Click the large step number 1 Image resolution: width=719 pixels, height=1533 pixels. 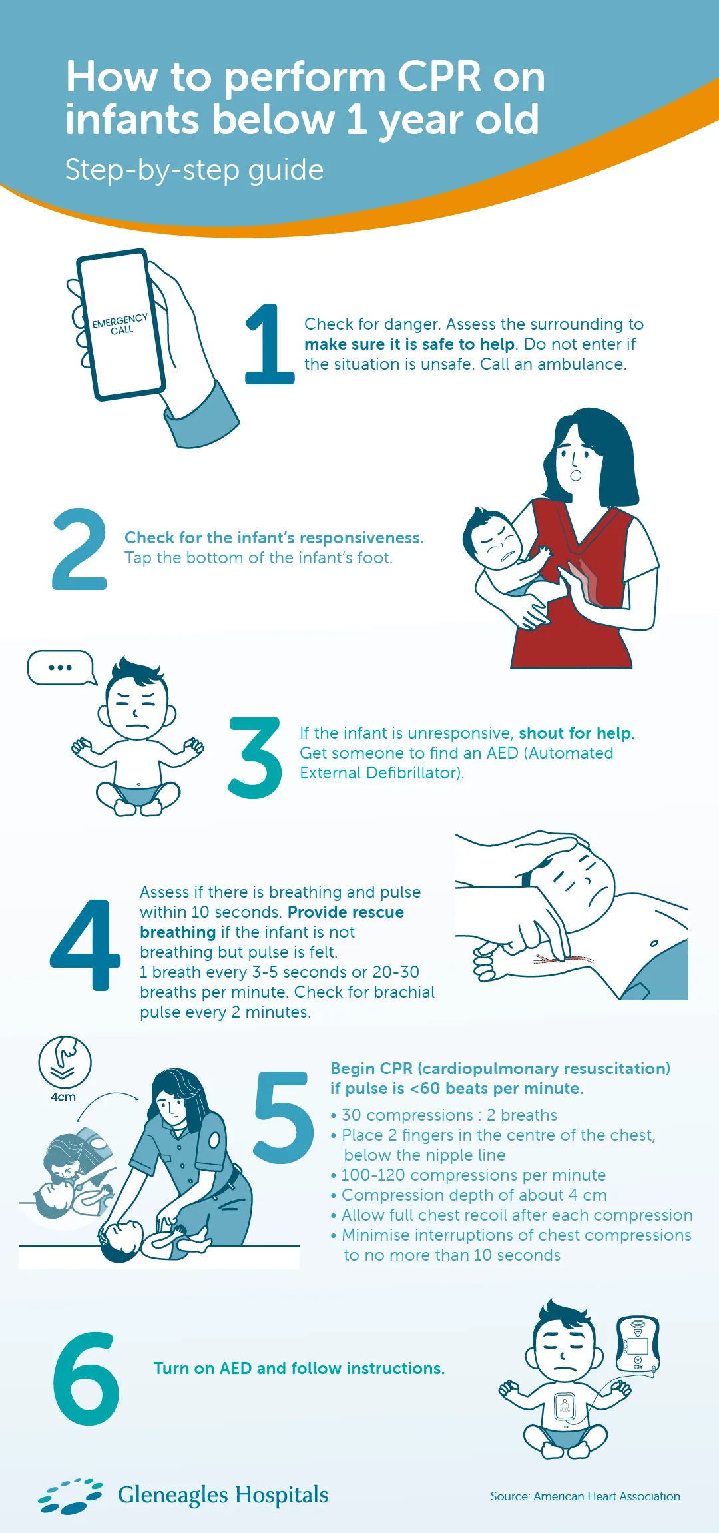click(x=270, y=344)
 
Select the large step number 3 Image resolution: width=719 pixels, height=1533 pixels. click(x=255, y=758)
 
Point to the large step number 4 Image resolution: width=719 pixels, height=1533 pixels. click(x=86, y=944)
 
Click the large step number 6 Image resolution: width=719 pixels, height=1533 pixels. click(x=86, y=1379)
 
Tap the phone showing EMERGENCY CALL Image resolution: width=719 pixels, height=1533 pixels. click(x=120, y=325)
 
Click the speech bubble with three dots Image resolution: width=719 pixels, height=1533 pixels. click(x=60, y=667)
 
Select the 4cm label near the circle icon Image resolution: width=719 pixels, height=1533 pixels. click(x=63, y=1097)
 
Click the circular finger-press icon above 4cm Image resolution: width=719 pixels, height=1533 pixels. click(x=65, y=1062)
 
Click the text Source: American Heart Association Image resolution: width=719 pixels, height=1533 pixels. click(x=585, y=1496)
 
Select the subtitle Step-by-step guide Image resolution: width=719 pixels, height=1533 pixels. click(x=194, y=170)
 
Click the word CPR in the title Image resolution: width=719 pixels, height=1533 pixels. click(x=439, y=77)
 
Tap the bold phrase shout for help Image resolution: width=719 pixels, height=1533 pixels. click(x=577, y=733)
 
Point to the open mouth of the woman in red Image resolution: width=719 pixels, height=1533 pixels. click(x=576, y=475)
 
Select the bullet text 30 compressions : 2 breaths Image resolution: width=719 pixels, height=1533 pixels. click(x=449, y=1115)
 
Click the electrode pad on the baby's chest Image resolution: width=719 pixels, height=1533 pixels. click(x=565, y=1406)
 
